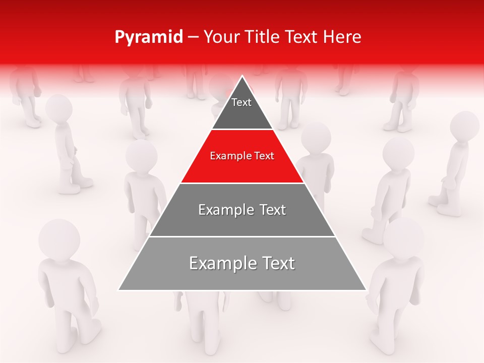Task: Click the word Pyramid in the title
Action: pos(148,37)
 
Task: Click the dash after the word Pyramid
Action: pos(193,38)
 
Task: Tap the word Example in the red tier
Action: pos(227,156)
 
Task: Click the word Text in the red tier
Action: pos(264,156)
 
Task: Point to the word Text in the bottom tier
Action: pos(276,263)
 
